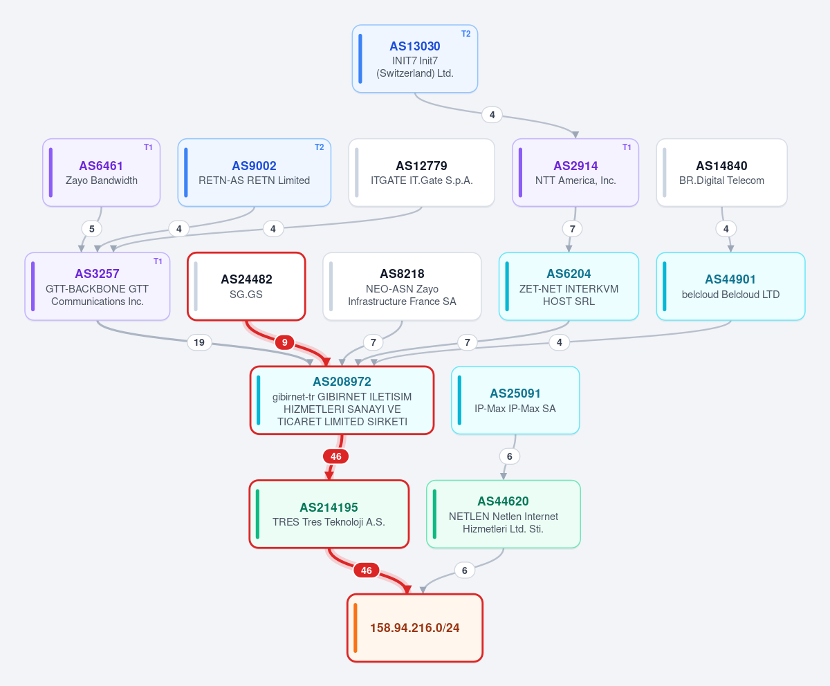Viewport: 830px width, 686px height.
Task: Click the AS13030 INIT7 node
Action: click(x=414, y=59)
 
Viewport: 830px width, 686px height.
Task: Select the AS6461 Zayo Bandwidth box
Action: click(x=102, y=172)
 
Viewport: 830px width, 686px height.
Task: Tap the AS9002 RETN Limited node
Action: click(x=254, y=172)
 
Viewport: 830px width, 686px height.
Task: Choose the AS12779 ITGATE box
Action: click(x=421, y=172)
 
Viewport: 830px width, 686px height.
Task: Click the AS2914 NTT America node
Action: click(x=575, y=172)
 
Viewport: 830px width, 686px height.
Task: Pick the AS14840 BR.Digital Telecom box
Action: click(x=721, y=172)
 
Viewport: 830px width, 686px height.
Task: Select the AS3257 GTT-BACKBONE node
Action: click(x=98, y=286)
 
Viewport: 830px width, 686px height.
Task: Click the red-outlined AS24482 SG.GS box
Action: click(x=246, y=286)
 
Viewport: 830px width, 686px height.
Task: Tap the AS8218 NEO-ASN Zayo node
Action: click(x=402, y=286)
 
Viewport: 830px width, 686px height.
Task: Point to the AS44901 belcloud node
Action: click(x=730, y=286)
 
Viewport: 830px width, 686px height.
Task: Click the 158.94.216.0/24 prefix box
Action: click(x=414, y=628)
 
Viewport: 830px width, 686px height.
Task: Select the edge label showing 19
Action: click(x=199, y=342)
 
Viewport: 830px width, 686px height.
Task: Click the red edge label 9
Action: click(x=284, y=342)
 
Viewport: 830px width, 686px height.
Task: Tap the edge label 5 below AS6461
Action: click(x=92, y=229)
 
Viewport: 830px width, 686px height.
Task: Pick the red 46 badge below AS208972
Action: click(x=336, y=456)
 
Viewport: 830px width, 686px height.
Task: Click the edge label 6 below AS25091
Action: click(x=510, y=456)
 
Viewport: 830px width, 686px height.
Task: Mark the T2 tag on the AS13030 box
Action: click(x=466, y=34)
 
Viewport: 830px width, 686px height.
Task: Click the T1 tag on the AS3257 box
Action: click(x=158, y=261)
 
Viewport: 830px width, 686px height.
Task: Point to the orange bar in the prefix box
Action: click(x=356, y=628)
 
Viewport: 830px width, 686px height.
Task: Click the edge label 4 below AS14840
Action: click(x=726, y=229)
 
